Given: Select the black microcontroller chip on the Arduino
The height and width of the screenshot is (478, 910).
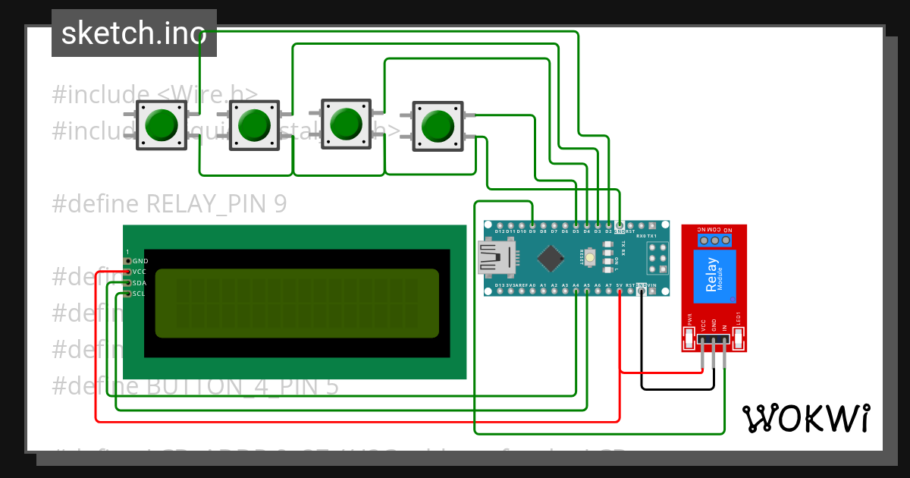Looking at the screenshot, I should point(551,258).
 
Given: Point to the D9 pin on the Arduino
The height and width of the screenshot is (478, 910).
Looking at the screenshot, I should point(532,225).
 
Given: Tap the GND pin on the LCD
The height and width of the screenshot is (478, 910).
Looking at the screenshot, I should point(127,261).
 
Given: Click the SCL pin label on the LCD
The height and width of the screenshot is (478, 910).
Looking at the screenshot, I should point(140,294).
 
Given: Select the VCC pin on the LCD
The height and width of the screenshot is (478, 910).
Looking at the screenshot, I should point(127,272).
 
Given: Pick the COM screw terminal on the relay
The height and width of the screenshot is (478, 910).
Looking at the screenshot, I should point(714,241).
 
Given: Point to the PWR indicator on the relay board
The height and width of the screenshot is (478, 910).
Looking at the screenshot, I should point(690,332).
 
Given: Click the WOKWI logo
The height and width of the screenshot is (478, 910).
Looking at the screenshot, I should point(805,418).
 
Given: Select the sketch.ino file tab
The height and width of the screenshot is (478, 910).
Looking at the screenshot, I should point(134,33).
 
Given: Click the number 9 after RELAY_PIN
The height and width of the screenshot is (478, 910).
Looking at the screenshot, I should point(281,204).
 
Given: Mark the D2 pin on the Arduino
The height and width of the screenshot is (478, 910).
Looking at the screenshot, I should point(609,225).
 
